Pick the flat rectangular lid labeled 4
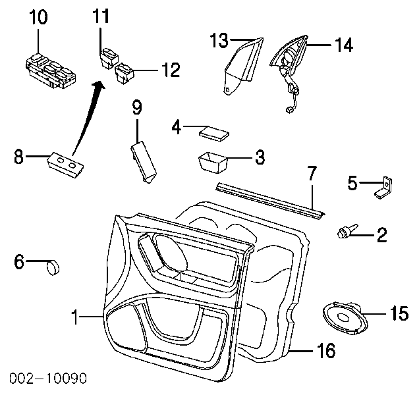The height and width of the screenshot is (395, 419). [213, 134]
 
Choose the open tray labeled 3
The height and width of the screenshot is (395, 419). [213, 161]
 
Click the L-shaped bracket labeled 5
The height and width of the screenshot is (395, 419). [383, 188]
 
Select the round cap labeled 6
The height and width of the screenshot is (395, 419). [51, 267]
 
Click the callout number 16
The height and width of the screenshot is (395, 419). [325, 350]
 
